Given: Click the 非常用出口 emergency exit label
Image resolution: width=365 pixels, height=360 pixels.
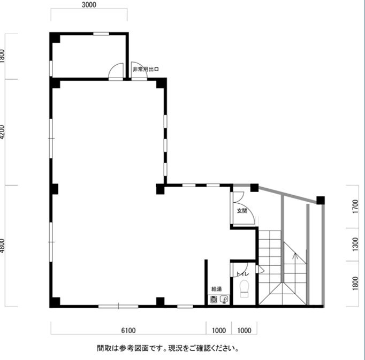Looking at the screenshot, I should click(x=146, y=70).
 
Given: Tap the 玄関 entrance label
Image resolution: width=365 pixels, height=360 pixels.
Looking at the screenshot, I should click(x=242, y=211).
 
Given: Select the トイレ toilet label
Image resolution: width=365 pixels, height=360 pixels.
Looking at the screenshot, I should click(x=242, y=274).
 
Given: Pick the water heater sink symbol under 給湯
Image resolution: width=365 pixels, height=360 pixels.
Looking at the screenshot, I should click(x=218, y=300).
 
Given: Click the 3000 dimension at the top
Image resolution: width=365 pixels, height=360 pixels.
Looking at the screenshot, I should click(x=89, y=5).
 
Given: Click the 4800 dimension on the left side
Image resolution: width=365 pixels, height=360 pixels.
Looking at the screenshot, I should click(x=3, y=246).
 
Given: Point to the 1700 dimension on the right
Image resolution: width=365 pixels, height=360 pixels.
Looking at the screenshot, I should click(x=356, y=205).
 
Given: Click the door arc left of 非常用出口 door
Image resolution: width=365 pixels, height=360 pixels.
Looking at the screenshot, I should click(x=115, y=71).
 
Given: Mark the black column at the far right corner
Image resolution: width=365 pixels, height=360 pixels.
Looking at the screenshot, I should click(x=320, y=201).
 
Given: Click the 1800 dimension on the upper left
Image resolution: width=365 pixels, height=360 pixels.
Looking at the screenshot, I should click(x=3, y=56).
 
